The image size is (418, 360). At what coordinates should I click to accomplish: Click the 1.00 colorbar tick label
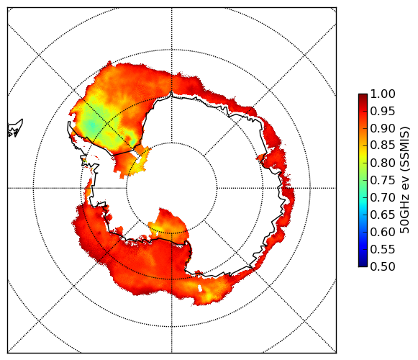[x=383, y=94]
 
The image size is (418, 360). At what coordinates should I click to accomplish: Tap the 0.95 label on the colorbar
[x=383, y=111]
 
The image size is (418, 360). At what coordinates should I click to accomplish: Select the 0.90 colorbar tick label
[x=383, y=128]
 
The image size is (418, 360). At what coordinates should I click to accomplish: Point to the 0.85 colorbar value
[x=383, y=145]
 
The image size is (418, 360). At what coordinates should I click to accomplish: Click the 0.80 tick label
[x=383, y=163]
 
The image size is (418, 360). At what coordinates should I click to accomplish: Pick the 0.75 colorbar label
[x=383, y=180]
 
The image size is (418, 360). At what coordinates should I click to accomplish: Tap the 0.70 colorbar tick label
[x=383, y=197]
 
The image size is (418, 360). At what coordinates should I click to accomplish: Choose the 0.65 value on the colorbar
[x=383, y=215]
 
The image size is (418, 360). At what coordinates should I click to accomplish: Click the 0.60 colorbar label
[x=383, y=232]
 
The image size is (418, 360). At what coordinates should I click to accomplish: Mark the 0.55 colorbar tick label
[x=383, y=249]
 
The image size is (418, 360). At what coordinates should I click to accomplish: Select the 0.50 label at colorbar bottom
[x=383, y=266]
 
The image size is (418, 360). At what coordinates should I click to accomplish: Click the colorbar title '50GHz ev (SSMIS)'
[x=405, y=180]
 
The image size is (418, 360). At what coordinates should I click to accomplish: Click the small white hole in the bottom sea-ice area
[x=200, y=288]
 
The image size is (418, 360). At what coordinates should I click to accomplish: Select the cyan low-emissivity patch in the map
[x=92, y=125]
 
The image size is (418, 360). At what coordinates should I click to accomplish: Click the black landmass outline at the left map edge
[x=15, y=129]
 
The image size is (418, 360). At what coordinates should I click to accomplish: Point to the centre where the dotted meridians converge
[x=172, y=188]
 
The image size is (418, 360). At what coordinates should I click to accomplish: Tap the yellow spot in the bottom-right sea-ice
[x=209, y=295]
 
